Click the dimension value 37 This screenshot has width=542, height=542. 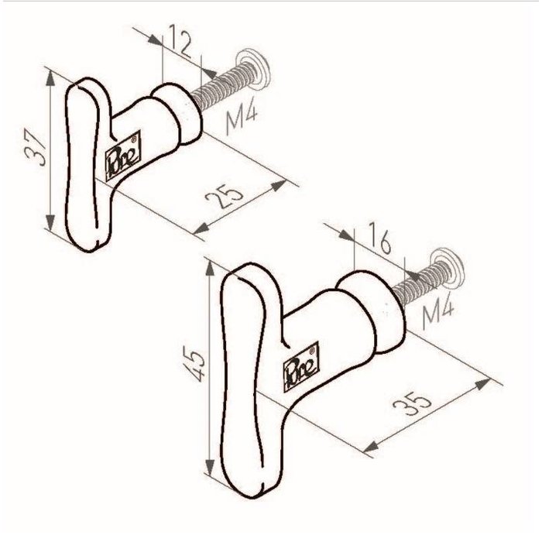click(33, 149)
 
